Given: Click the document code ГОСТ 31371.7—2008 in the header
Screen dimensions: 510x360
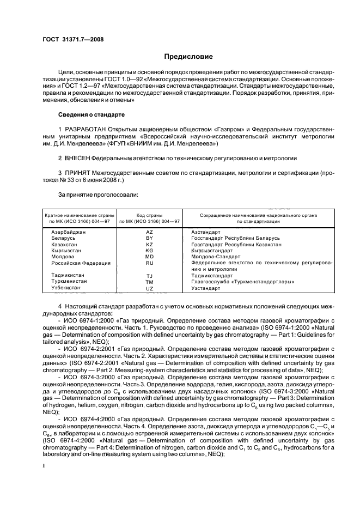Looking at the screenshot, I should point(73,39).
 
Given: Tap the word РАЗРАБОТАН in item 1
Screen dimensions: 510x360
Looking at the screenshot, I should point(85,129).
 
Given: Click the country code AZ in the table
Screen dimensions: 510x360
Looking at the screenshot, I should point(150,232).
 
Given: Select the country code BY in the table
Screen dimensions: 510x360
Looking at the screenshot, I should point(150,239).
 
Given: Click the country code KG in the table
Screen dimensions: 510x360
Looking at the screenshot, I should point(150,251).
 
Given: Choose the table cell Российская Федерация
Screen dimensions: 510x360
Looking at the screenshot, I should point(81,263).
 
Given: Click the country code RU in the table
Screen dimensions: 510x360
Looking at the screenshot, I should point(150,263).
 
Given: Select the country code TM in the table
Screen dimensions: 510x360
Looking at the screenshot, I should point(150,282).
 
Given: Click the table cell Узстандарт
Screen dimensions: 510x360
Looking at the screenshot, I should point(206,288).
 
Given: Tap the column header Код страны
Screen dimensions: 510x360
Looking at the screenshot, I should point(150,216).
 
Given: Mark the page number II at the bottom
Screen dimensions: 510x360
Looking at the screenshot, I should point(45,465).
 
